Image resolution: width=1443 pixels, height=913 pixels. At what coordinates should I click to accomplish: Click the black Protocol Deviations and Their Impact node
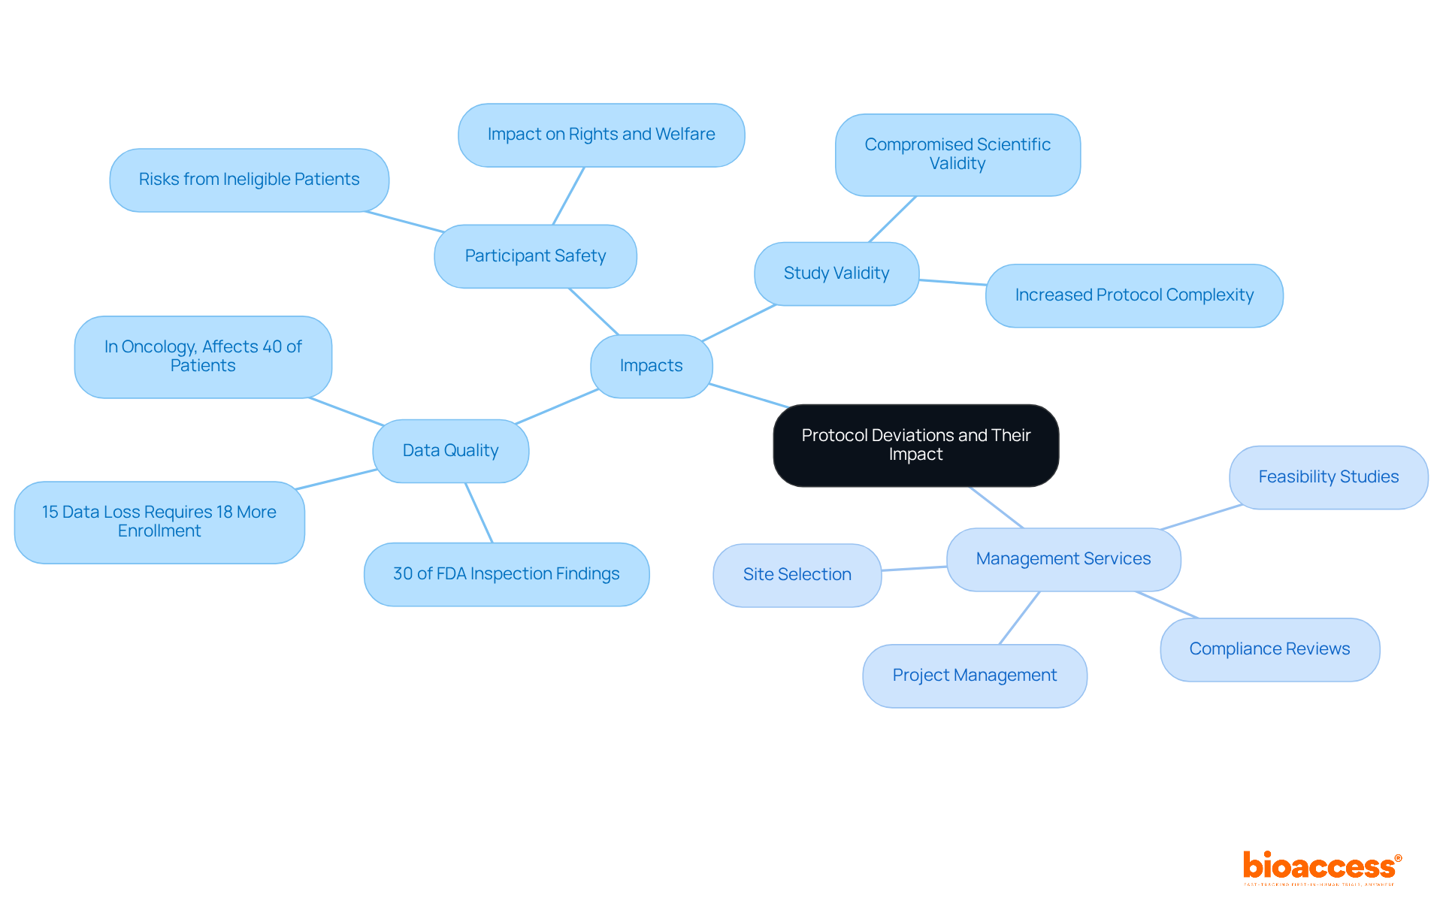[x=915, y=445]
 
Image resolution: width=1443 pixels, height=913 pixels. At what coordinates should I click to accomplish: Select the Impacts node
[x=651, y=366]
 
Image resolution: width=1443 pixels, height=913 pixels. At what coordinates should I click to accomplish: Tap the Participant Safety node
[x=535, y=256]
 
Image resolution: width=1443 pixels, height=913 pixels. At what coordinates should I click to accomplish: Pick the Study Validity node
[x=836, y=274]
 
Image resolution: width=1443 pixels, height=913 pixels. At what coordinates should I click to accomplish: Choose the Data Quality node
[x=450, y=451]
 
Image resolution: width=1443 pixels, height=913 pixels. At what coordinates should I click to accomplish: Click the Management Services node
[x=1063, y=559]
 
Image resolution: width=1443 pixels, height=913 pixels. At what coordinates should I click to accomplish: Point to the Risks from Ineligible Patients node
[x=249, y=180]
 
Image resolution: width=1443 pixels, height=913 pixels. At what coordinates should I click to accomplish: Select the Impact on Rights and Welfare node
[x=601, y=135]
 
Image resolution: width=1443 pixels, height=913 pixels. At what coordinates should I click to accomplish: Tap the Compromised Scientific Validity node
[x=957, y=154]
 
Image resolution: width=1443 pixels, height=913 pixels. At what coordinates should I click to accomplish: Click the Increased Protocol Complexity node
[x=1133, y=295]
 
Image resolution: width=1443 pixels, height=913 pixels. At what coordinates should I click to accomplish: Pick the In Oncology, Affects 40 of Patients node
[x=203, y=356]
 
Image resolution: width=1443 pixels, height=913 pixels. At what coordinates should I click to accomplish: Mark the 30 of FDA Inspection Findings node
[x=506, y=574]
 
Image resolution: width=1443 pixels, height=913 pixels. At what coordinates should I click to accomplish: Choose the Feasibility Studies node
[x=1328, y=477]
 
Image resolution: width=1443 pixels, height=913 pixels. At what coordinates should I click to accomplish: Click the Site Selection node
[x=797, y=575]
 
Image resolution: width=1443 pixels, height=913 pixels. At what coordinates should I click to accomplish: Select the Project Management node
[x=974, y=676]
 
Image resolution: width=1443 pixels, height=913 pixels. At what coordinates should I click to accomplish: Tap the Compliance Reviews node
[x=1269, y=649]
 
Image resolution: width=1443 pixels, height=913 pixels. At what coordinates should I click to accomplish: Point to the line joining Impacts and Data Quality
[x=557, y=407]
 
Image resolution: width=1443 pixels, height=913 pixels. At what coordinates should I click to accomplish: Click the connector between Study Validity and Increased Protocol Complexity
[x=952, y=283]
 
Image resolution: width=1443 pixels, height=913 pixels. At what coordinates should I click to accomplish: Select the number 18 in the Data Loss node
[x=225, y=512]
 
